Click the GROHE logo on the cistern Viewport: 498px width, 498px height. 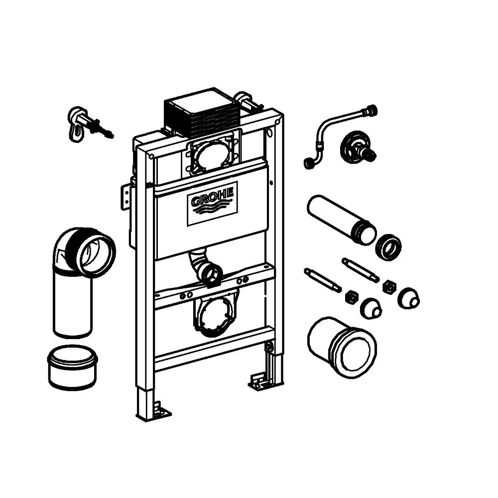coord(212,203)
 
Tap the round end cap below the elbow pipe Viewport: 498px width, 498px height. coord(72,367)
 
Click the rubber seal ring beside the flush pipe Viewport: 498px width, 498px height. coord(388,247)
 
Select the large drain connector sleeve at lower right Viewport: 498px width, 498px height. coord(343,347)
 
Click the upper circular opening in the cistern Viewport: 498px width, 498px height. coord(210,155)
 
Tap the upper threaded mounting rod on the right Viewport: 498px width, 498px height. coord(360,270)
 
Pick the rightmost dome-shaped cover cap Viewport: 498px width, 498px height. coord(409,298)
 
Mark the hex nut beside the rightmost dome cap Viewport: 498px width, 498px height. coord(389,288)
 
